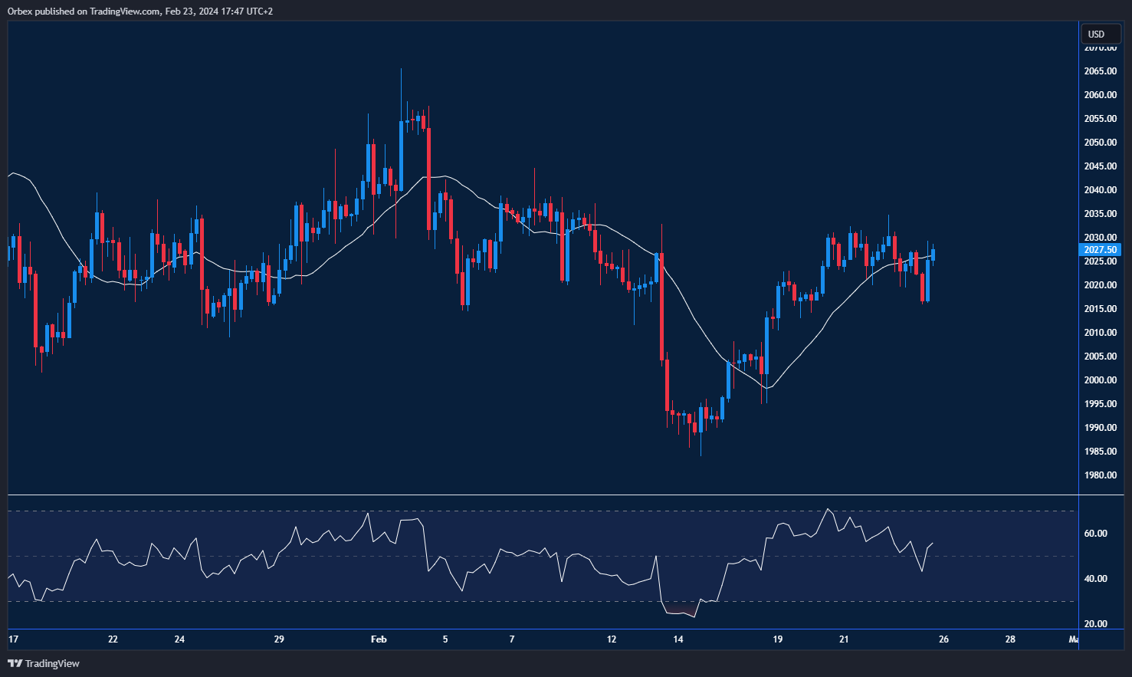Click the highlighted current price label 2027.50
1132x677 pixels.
[x=1100, y=250]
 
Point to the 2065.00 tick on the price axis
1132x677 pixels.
[x=1100, y=71]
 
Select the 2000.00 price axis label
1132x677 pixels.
[x=1100, y=380]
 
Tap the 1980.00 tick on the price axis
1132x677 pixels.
[x=1100, y=475]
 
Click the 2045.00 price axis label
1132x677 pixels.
[x=1100, y=166]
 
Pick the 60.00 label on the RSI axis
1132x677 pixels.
[x=1095, y=534]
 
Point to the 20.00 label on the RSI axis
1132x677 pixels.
[x=1095, y=624]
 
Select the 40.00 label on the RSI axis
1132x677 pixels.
[x=1095, y=579]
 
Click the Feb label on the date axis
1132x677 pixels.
[x=379, y=639]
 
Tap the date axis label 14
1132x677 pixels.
[x=678, y=639]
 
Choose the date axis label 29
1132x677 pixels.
[x=279, y=639]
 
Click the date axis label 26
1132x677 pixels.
[x=943, y=639]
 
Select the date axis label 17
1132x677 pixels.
[x=13, y=639]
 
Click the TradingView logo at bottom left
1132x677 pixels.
[x=44, y=663]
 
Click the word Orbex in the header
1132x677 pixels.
[x=21, y=12]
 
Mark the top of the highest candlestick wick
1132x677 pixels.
[x=401, y=69]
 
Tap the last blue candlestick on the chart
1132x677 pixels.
[x=933, y=255]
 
